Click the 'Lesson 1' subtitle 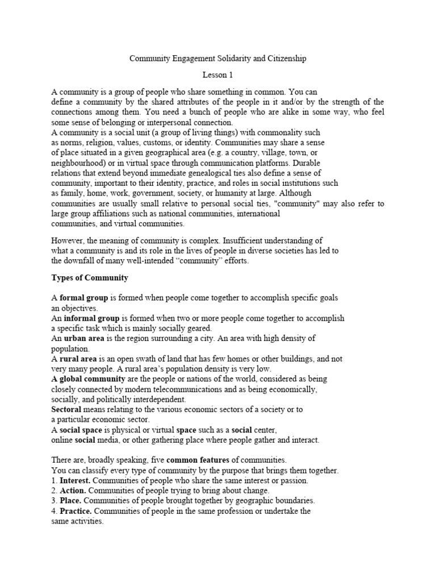(217, 74)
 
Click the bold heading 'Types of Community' (90, 278)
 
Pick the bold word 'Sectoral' (66, 409)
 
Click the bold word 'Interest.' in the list (74, 480)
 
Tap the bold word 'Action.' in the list (73, 490)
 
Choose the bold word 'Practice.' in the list (76, 511)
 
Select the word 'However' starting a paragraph (68, 240)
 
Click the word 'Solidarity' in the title (225, 59)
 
